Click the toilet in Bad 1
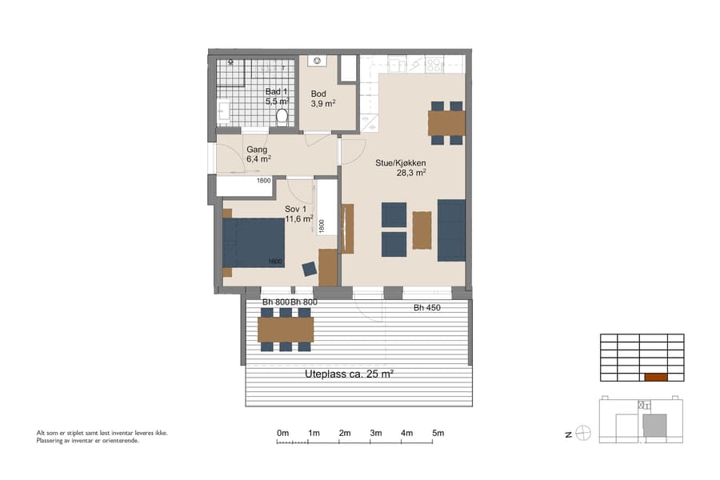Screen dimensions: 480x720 point(282,117)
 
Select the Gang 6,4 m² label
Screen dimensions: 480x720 point(258,154)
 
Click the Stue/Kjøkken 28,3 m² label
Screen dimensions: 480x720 point(401,166)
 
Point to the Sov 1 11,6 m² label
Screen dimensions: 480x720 point(298,214)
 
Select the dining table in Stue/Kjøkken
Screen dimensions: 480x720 point(446,123)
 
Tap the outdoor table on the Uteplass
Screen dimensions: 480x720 point(285,329)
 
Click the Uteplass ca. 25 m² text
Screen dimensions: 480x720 point(349,374)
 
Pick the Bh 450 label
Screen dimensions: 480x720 point(427,308)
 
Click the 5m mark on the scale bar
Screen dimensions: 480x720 point(438,433)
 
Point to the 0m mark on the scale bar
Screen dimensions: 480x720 point(282,433)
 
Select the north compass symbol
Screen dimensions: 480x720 point(583,434)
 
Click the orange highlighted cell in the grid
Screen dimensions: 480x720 point(655,377)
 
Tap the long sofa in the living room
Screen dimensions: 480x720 point(451,230)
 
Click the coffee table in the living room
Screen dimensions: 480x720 point(422,230)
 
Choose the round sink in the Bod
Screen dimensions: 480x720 point(318,61)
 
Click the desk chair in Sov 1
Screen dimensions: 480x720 point(310,269)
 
